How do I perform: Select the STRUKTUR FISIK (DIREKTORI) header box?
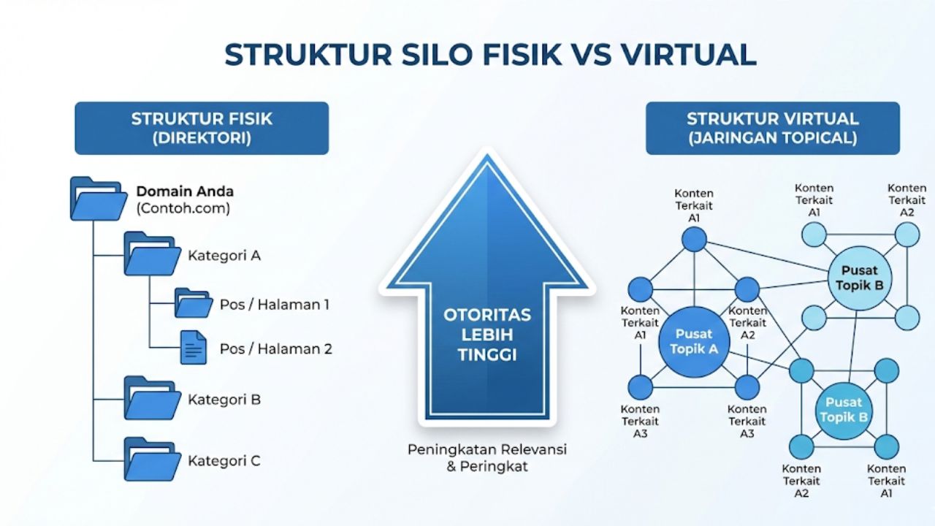[202, 128]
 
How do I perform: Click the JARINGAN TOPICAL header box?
[772, 128]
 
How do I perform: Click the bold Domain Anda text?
[185, 191]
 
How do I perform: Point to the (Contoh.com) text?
[183, 208]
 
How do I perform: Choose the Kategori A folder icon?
[151, 254]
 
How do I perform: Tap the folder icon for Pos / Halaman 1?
[193, 303]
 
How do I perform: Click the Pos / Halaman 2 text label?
[275, 348]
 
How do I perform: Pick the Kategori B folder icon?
[151, 398]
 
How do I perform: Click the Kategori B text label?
[224, 400]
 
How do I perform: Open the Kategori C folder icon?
[151, 460]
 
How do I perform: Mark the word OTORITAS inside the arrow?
[487, 316]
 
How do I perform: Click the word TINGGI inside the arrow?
[487, 355]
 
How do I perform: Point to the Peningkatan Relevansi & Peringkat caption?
[487, 457]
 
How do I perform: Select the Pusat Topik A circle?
[694, 342]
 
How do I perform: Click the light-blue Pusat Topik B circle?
[859, 278]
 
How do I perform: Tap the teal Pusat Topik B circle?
[844, 410]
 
